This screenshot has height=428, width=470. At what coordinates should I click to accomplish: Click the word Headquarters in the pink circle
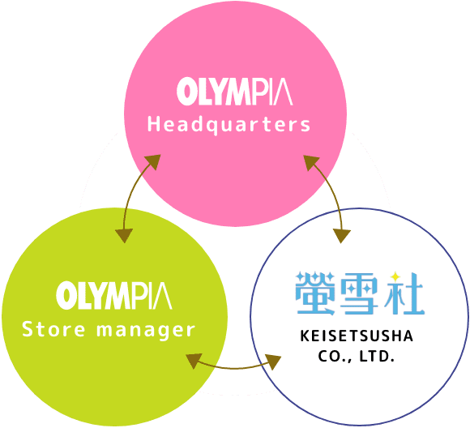[x=229, y=125]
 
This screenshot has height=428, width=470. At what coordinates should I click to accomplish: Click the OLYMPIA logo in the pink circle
[x=235, y=91]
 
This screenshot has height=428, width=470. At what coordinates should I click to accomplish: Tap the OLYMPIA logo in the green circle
[x=114, y=295]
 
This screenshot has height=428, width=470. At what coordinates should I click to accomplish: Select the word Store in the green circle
[x=53, y=329]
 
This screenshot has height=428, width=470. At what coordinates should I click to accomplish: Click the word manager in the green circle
[x=146, y=331]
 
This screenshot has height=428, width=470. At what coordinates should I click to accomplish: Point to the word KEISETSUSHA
[x=357, y=336]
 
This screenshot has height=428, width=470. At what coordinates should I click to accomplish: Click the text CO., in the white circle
[x=335, y=357]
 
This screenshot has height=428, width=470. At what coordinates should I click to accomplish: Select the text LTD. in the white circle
[x=377, y=357]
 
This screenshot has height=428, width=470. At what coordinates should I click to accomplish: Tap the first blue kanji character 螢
[x=315, y=293]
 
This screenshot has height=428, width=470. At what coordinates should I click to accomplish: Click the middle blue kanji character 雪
[x=359, y=293]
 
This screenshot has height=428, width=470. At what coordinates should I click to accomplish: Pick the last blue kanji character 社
[x=404, y=293]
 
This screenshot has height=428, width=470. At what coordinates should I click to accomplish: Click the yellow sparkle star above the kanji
[x=395, y=276]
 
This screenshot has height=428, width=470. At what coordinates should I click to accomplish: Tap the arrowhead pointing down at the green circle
[x=124, y=235]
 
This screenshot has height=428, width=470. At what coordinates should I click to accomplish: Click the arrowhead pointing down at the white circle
[x=342, y=236]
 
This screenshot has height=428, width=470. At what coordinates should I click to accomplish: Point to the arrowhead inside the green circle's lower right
[x=194, y=361]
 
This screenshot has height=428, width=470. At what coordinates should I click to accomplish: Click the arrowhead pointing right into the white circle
[x=273, y=362]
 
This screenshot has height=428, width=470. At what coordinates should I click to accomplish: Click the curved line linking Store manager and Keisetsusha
[x=234, y=368]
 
